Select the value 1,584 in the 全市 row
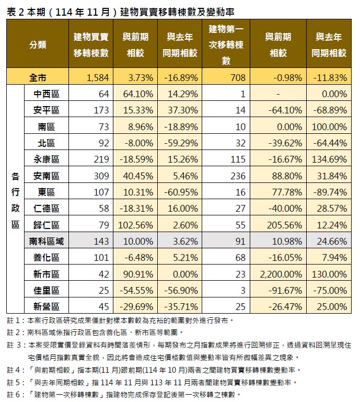(x=98, y=78)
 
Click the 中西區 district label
(x=46, y=94)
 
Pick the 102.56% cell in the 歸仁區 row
(x=135, y=226)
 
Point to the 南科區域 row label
(x=46, y=242)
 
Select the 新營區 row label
(x=46, y=307)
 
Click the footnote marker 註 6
(x=13, y=394)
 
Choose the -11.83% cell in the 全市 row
(x=330, y=78)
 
